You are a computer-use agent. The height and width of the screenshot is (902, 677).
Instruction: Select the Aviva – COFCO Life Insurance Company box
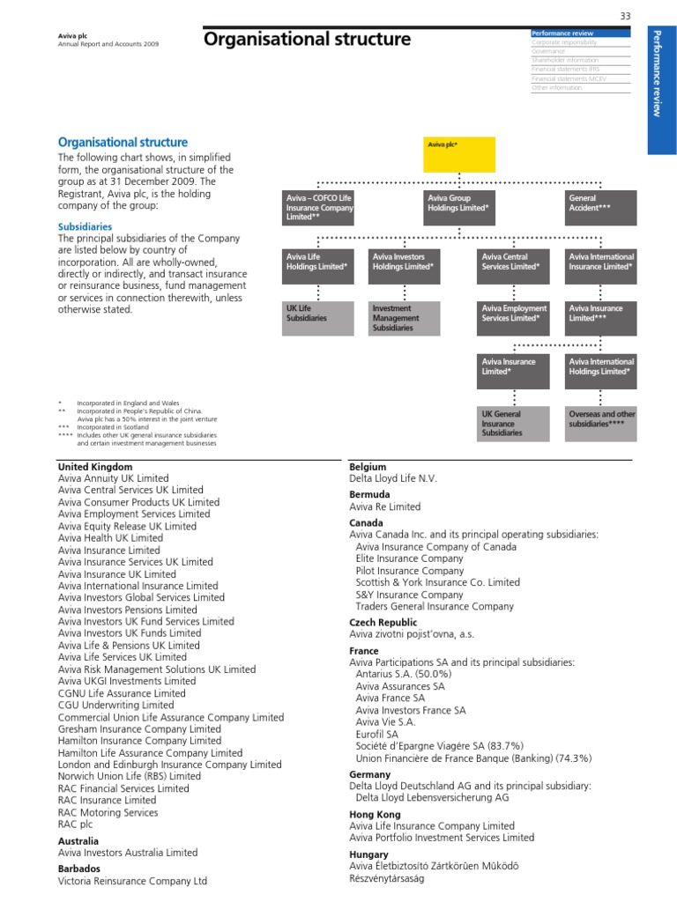coord(318,208)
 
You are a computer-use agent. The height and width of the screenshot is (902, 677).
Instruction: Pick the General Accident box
coord(601,208)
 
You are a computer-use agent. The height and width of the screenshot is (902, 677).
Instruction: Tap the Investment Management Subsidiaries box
coord(405,318)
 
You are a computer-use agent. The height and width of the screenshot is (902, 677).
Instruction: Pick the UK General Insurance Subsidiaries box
coord(514,423)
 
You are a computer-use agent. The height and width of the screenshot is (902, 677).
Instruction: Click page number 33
coord(626,16)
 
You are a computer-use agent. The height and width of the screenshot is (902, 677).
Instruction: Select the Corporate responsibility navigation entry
coord(564,42)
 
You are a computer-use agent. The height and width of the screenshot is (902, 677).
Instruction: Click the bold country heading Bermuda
coord(370,495)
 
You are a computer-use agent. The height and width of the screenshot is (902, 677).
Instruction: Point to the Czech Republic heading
coord(383,622)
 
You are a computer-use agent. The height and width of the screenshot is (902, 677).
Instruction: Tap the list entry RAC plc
coord(81,824)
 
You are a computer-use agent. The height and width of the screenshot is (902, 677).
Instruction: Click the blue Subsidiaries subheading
coord(85,226)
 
